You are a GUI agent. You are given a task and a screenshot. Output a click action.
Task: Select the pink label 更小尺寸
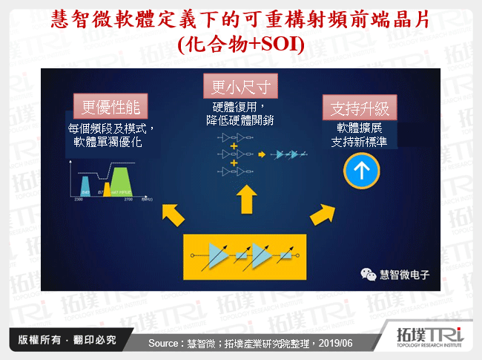[x=236, y=86]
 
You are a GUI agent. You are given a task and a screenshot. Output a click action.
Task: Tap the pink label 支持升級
[x=359, y=108]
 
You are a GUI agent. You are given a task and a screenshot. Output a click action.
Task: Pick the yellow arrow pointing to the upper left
[x=172, y=215]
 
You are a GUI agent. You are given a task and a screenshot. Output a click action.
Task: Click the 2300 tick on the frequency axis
[x=77, y=200]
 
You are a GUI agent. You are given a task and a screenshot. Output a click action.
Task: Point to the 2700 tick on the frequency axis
[x=128, y=200]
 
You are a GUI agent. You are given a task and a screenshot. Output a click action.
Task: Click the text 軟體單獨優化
[x=110, y=140]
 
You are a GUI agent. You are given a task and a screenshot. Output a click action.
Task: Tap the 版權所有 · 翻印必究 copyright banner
[x=64, y=341]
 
